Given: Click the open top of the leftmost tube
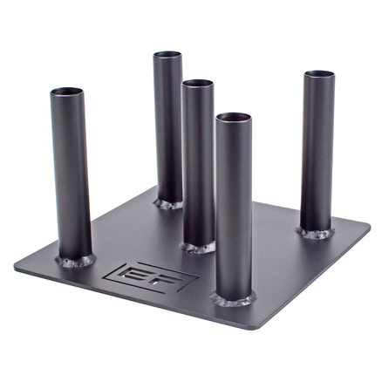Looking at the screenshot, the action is click(66, 92).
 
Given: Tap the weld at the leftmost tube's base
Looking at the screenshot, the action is click(76, 261).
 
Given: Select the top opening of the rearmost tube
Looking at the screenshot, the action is click(167, 54).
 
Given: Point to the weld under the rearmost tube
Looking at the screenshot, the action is click(168, 204).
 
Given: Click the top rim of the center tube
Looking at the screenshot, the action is click(197, 83).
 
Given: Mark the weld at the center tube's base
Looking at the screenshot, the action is click(199, 248).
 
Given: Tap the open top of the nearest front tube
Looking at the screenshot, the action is click(234, 117).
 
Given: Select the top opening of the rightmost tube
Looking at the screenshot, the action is click(319, 74).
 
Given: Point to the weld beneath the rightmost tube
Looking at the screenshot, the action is click(315, 234).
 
